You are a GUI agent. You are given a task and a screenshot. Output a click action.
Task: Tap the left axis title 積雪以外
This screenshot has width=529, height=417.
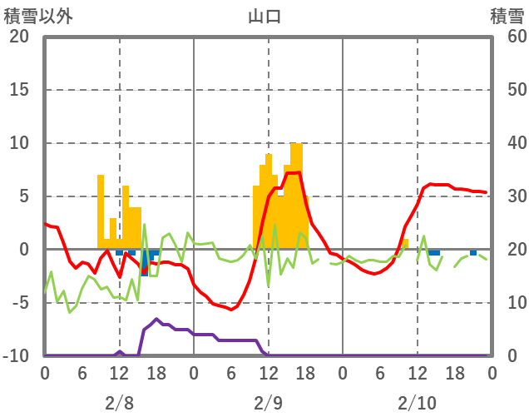pos(34,16)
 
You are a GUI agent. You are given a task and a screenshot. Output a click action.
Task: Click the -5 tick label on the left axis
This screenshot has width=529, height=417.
pos(19,303)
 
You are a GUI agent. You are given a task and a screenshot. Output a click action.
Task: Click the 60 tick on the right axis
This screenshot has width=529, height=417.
pos(508,37)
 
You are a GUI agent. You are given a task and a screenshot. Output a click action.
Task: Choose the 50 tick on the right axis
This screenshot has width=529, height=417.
pos(508,90)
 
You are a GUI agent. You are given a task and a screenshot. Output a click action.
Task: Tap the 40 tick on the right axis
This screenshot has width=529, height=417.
pos(508,143)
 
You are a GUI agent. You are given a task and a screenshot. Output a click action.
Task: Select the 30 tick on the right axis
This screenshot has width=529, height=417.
pos(508,196)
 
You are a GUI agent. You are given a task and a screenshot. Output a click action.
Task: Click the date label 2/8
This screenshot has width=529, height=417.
pos(119,403)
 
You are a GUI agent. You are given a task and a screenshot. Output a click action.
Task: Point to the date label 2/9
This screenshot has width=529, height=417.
pos(268,403)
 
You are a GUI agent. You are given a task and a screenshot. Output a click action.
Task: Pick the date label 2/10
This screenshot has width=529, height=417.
pos(417,403)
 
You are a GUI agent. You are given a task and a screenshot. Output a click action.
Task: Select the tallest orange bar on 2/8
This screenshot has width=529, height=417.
pos(101,211)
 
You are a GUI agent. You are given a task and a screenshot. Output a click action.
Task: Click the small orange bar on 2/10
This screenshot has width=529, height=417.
pos(405,244)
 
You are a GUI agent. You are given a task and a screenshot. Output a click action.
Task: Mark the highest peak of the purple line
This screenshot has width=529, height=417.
pos(156,319)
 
